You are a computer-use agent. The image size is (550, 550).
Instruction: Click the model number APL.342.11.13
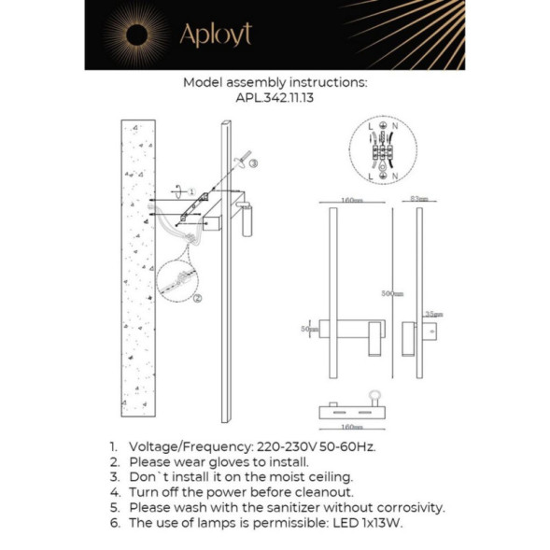(x=275, y=97)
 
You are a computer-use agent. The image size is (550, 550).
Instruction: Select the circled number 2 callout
(x=197, y=298)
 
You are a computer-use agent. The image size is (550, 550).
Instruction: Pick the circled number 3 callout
(x=252, y=162)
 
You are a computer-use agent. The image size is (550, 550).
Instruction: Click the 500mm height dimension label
(x=392, y=294)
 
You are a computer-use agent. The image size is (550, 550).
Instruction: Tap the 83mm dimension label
(x=418, y=200)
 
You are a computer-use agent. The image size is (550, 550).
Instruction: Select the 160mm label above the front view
(x=351, y=200)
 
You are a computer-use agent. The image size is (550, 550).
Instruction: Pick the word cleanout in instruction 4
(x=320, y=492)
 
